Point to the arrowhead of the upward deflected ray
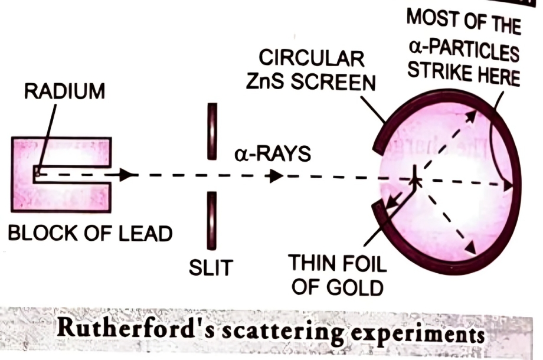(470, 116)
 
